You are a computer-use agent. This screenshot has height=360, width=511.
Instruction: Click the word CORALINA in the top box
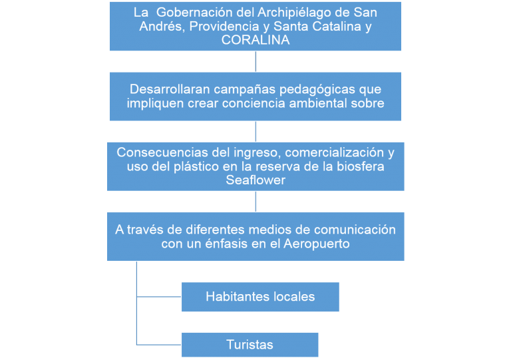tap(255, 40)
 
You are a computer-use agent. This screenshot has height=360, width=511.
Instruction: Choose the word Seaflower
tap(255, 180)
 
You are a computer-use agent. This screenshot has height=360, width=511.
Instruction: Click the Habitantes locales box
tap(260, 297)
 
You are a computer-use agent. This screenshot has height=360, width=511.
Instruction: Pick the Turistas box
tap(250, 345)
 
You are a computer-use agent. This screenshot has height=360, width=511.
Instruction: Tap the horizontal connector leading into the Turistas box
tap(158, 345)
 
